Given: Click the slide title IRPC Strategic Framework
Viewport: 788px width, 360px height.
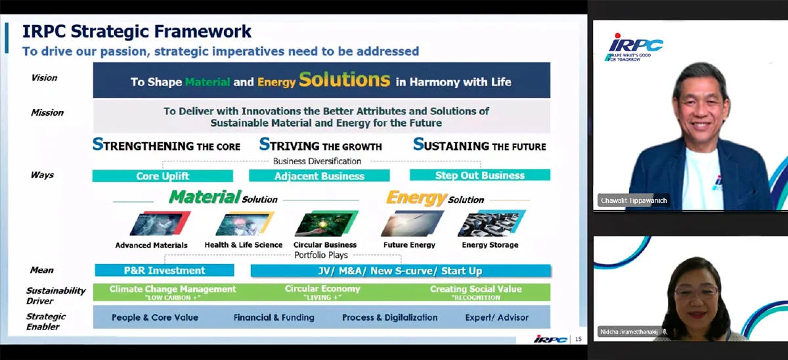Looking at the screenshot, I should pos(137,32).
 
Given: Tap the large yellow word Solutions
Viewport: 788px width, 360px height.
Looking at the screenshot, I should pos(345,80).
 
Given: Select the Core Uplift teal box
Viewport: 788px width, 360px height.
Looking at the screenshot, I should pos(162,176).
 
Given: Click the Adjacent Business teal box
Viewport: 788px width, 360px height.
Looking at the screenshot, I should pos(319,176).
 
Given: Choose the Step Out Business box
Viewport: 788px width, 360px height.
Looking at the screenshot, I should pos(479,175).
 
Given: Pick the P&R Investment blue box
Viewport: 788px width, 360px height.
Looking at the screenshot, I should pos(164,270).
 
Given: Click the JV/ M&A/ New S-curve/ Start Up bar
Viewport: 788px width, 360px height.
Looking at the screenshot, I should pos(401,271).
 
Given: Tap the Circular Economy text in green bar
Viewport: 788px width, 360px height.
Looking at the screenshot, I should pos(322,289).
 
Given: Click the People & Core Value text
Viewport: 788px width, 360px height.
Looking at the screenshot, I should pos(154,317).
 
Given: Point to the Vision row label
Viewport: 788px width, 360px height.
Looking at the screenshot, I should pos(44,78).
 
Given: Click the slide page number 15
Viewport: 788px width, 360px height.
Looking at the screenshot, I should pos(578,339).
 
